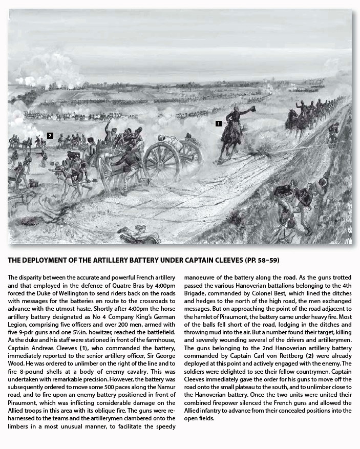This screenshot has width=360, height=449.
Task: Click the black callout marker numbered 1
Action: tap(218, 123)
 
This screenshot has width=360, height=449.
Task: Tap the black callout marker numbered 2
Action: tap(50, 136)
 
